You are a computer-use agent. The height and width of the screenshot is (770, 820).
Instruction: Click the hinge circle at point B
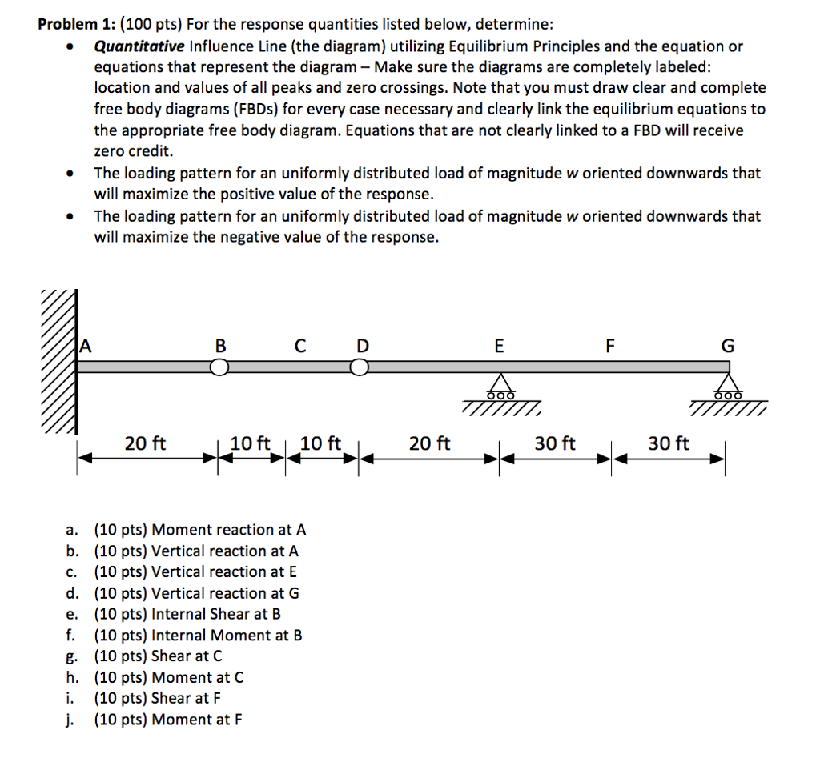point(220,367)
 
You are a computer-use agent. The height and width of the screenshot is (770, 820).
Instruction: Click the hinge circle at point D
point(360,367)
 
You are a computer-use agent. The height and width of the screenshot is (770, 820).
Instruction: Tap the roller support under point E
point(500,387)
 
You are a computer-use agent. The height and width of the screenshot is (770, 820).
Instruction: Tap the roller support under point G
point(727,387)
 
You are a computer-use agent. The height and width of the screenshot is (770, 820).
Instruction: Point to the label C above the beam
point(299,347)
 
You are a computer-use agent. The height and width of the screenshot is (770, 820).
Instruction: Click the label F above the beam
point(610,347)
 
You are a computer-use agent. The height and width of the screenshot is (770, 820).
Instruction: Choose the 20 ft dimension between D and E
point(429,443)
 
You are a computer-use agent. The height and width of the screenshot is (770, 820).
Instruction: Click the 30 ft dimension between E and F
point(555,443)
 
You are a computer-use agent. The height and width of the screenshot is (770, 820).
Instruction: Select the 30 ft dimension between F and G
point(668,443)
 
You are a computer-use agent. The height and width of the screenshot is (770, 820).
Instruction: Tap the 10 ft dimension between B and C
point(250,443)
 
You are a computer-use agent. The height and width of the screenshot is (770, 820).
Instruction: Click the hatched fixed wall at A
point(58,362)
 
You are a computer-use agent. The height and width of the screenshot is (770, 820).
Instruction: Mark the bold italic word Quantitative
point(139,46)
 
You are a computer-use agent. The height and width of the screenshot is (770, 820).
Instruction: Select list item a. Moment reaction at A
point(187,530)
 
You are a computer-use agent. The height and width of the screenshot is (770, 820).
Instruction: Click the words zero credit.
point(133,150)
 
